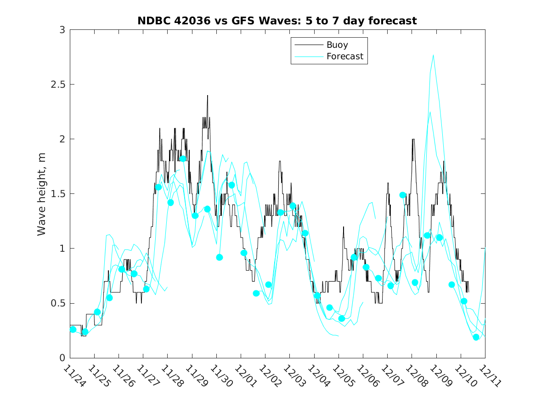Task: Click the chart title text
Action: click(x=277, y=21)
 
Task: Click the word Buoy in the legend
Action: click(x=337, y=45)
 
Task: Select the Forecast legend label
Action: click(x=344, y=57)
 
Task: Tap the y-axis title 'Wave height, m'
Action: click(x=42, y=194)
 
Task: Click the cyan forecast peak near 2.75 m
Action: click(x=433, y=55)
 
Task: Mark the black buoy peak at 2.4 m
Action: click(x=208, y=96)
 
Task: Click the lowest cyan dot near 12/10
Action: click(x=476, y=337)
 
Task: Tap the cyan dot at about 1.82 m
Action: click(x=183, y=159)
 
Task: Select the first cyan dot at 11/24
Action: click(x=73, y=329)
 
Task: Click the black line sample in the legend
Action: click(x=308, y=45)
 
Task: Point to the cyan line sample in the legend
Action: click(x=308, y=57)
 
